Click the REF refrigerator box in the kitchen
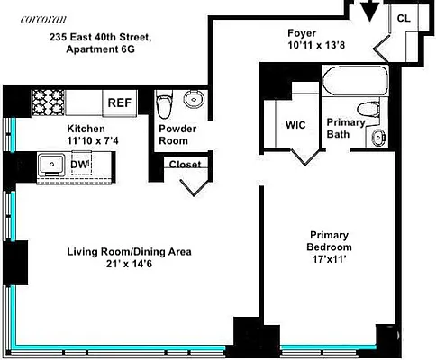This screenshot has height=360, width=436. pyautogui.click(x=119, y=102)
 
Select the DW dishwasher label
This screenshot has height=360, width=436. pyautogui.click(x=79, y=164)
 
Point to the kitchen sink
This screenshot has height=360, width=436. pyautogui.click(x=50, y=164)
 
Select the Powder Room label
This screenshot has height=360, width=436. pyautogui.click(x=177, y=134)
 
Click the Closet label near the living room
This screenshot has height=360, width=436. pyautogui.click(x=185, y=165)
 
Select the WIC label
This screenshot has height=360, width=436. pyautogui.click(x=295, y=126)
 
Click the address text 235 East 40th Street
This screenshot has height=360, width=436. pyautogui.click(x=100, y=37)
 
